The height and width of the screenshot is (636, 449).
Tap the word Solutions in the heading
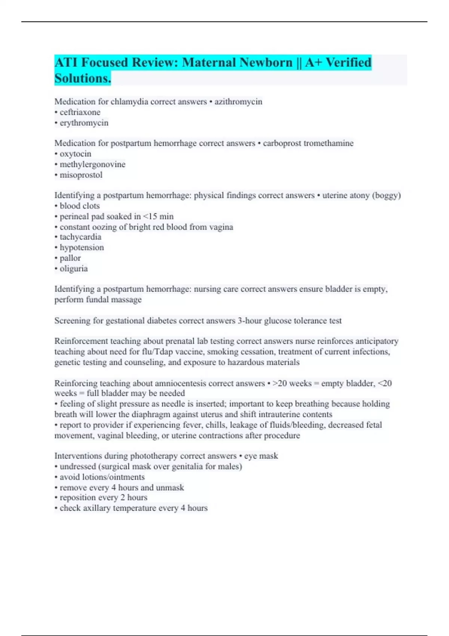(x=82, y=78)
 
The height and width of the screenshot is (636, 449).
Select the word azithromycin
(x=238, y=102)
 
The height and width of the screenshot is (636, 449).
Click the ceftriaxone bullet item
(x=80, y=112)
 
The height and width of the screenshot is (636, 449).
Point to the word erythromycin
(x=84, y=123)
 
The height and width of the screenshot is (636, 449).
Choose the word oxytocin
(x=75, y=154)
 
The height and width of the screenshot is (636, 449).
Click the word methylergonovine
(x=92, y=164)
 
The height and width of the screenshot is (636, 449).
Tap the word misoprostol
(x=81, y=175)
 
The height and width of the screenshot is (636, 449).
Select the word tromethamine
(x=329, y=143)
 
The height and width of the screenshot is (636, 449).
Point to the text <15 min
(x=158, y=216)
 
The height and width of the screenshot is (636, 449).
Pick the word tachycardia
(x=80, y=237)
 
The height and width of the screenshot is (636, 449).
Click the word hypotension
(x=82, y=247)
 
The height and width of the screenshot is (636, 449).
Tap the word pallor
(x=70, y=258)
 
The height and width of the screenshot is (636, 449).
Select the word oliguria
(x=74, y=269)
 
